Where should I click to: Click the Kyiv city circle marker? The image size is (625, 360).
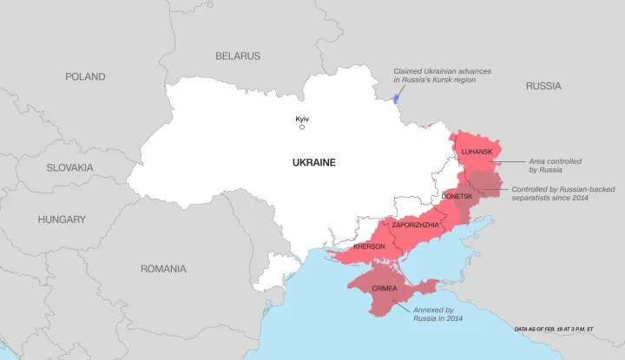pyautogui.click(x=302, y=128)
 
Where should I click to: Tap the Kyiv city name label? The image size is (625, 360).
pyautogui.click(x=302, y=118)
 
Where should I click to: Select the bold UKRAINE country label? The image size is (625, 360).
pyautogui.click(x=313, y=162)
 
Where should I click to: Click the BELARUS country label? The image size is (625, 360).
pyautogui.click(x=238, y=56)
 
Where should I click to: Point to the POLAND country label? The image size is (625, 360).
pyautogui.click(x=85, y=76)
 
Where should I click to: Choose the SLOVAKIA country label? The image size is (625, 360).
pyautogui.click(x=70, y=167)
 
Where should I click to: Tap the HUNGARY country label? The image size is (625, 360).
pyautogui.click(x=62, y=219)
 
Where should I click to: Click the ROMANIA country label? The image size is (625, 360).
pyautogui.click(x=163, y=269)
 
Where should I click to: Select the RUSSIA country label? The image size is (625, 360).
pyautogui.click(x=543, y=86)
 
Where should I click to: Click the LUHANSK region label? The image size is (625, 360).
pyautogui.click(x=477, y=153)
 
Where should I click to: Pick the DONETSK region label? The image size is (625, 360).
pyautogui.click(x=457, y=197)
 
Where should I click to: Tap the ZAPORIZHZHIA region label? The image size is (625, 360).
pyautogui.click(x=416, y=225)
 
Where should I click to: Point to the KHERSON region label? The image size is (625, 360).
pyautogui.click(x=369, y=246)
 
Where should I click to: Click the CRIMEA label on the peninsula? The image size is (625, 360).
pyautogui.click(x=385, y=287)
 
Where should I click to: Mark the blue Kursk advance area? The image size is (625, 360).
pyautogui.click(x=396, y=97)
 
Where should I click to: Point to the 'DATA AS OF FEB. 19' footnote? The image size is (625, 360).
pyautogui.click(x=554, y=330)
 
